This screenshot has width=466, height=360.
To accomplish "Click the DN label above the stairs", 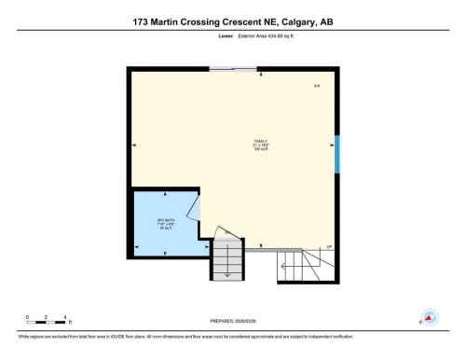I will [x=225, y=232].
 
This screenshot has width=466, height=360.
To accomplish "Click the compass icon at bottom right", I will [x=430, y=317].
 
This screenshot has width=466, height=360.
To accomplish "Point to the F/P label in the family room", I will [x=317, y=87].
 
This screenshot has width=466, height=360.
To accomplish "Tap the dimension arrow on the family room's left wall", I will [x=135, y=145].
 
